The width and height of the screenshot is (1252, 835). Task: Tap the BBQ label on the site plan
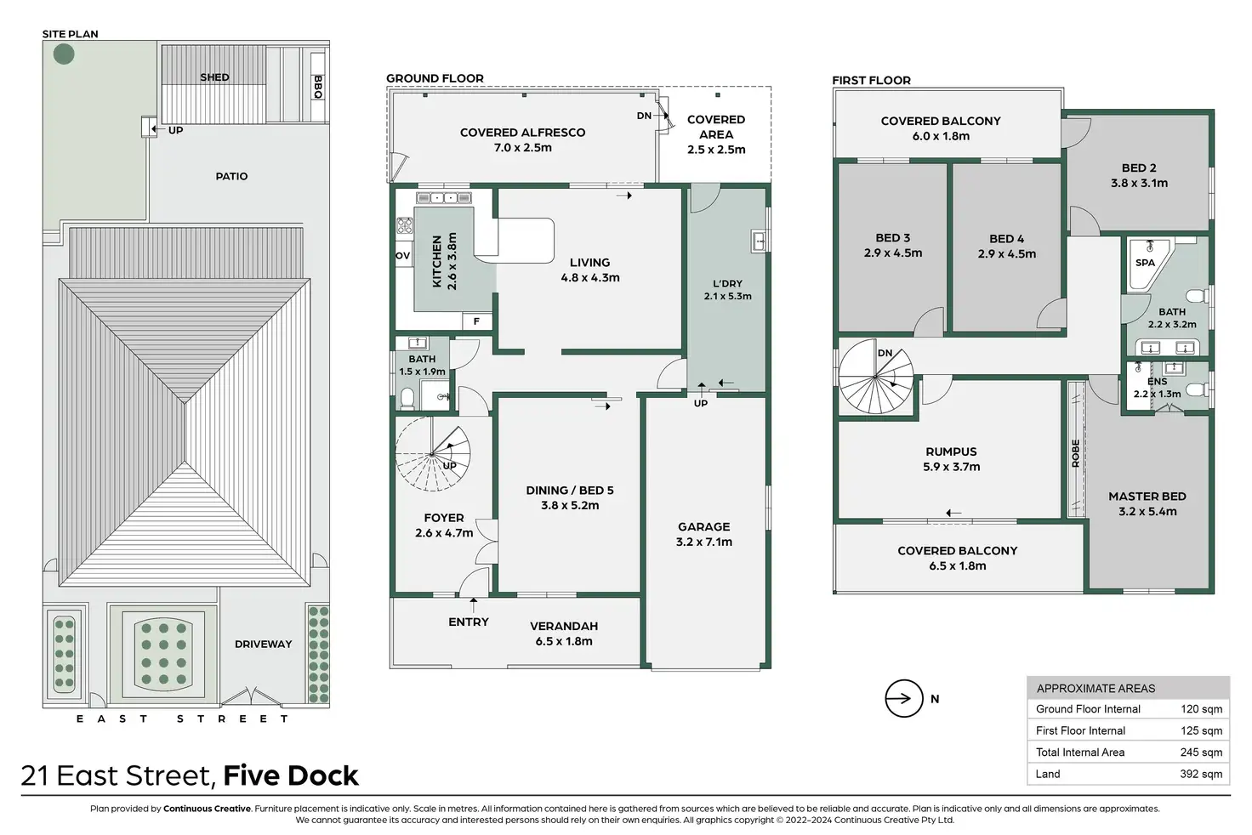click(x=318, y=87)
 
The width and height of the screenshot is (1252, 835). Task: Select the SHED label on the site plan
click(x=214, y=77)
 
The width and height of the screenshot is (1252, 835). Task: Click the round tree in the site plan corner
click(x=64, y=54)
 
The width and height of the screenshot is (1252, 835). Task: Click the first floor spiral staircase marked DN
click(x=875, y=378)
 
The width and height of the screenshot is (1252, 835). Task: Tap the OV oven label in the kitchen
click(x=402, y=256)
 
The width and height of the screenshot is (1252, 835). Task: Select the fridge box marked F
click(x=477, y=321)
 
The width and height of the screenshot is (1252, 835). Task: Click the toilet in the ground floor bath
click(x=407, y=398)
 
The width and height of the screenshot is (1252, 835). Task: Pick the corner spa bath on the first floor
click(x=1146, y=264)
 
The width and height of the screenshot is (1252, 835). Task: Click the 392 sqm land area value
click(x=1201, y=774)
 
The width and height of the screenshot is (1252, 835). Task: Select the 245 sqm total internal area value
click(x=1201, y=753)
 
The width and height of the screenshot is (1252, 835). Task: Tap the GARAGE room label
click(x=703, y=526)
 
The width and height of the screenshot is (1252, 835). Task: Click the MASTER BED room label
click(x=1147, y=497)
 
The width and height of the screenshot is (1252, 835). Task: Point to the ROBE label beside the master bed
click(x=1076, y=453)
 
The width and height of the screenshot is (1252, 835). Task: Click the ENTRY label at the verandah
click(x=469, y=622)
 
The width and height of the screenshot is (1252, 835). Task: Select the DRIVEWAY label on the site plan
click(x=264, y=644)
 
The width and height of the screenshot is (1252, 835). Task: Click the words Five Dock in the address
click(x=291, y=775)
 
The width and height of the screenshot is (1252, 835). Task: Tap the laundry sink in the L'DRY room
click(x=759, y=241)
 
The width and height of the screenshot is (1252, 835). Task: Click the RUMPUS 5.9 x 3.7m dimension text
click(x=951, y=467)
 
